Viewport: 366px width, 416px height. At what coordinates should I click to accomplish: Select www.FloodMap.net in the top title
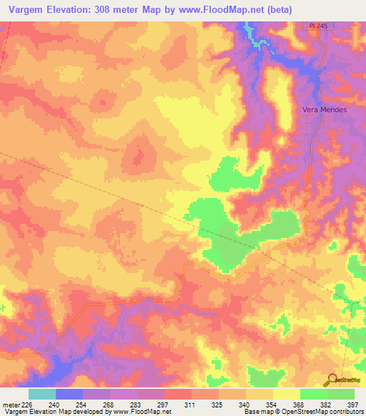[x=214, y=8]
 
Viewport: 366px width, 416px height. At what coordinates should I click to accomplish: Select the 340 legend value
[x=244, y=405]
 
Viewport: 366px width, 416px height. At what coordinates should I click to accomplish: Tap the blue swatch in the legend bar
[x=69, y=394]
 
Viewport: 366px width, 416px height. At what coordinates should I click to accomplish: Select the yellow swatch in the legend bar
[x=286, y=394]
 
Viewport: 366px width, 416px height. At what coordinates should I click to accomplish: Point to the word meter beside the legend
[x=9, y=405]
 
